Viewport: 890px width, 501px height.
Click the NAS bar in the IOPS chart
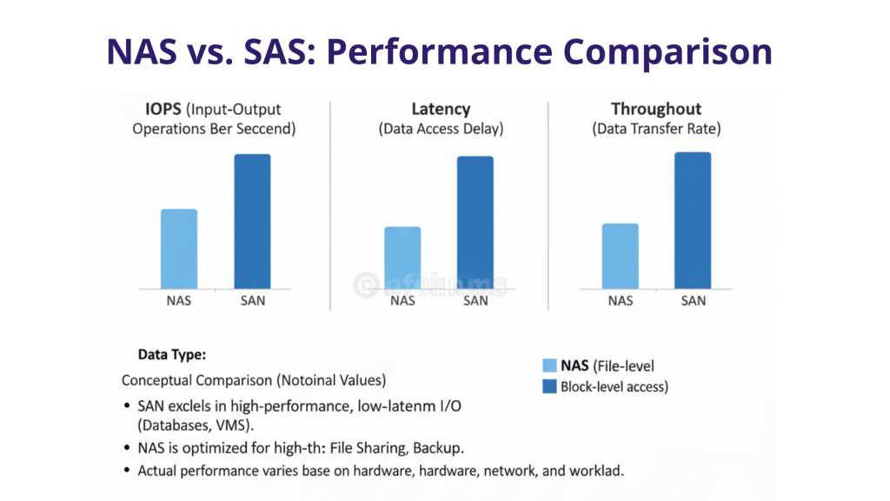click(179, 249)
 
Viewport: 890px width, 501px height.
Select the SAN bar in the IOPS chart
click(252, 222)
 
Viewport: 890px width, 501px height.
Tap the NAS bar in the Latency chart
click(402, 257)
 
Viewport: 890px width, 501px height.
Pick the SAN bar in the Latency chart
click(475, 223)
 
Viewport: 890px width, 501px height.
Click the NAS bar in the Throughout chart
click(621, 256)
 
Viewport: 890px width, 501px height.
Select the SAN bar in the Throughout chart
click(693, 221)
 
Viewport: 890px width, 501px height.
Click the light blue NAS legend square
click(549, 366)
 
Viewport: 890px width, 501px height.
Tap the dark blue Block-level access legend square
click(549, 387)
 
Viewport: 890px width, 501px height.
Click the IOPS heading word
click(163, 110)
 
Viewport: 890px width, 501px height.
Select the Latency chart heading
click(441, 110)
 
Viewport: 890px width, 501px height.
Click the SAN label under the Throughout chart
click(694, 301)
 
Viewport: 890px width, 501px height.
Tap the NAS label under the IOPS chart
click(179, 301)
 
